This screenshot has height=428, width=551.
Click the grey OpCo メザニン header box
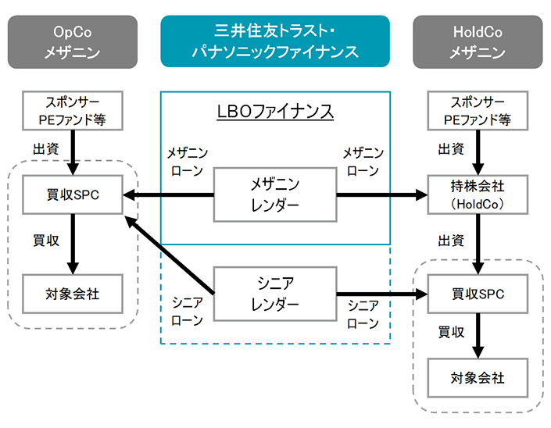click(x=73, y=41)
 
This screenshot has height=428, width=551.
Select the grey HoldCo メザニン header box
click(x=478, y=41)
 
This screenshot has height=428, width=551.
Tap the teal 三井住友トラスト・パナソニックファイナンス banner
click(x=275, y=41)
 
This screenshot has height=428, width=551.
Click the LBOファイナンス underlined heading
click(x=275, y=111)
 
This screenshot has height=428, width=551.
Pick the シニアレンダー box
click(x=275, y=294)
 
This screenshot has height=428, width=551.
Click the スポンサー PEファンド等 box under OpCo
click(x=73, y=110)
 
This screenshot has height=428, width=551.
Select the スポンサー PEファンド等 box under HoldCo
click(x=478, y=110)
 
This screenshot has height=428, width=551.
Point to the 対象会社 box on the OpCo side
click(x=73, y=294)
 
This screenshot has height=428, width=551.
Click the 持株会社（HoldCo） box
click(x=478, y=194)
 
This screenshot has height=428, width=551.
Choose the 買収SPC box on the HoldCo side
click(x=478, y=294)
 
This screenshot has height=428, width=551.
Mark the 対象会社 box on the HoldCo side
click(x=478, y=378)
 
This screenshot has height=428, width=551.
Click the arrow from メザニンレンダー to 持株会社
click(x=382, y=194)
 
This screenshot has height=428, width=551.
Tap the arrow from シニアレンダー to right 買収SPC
click(x=382, y=294)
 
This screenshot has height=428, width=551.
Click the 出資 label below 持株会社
click(x=451, y=241)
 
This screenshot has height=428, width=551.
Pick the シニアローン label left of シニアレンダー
click(x=187, y=312)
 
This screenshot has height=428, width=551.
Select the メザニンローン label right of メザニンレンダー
click(x=363, y=160)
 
